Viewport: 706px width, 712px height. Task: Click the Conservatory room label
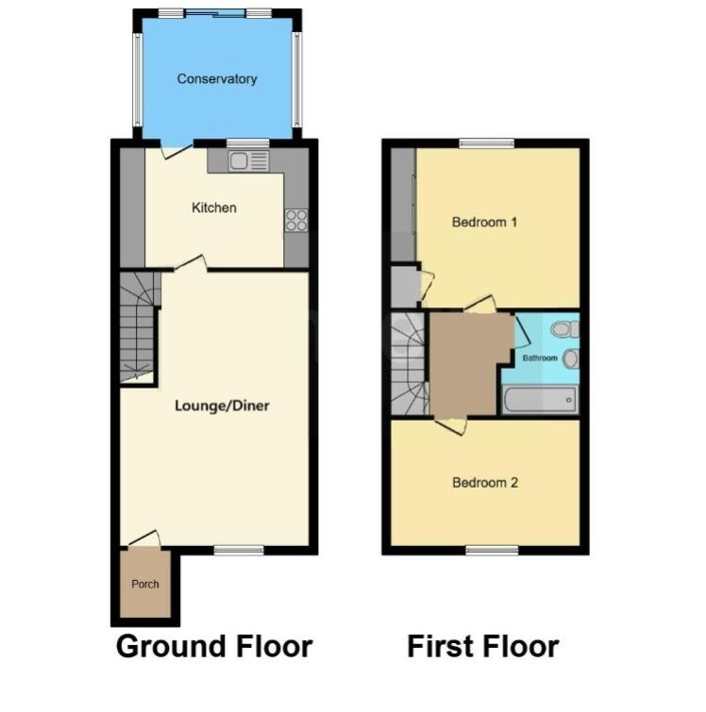coord(216,79)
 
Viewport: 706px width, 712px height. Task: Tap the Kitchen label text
coord(214,207)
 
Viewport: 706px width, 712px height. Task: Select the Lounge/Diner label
coord(222,406)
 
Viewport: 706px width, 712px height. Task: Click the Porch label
coord(145,585)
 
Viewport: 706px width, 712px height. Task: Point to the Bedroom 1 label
coord(484,224)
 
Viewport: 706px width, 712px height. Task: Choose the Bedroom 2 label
coord(485,483)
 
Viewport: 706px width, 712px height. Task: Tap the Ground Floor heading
coord(213,647)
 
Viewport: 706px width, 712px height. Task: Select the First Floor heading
coord(482,647)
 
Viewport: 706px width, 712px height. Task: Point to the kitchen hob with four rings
coord(296,220)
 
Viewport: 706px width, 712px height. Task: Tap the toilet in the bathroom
coord(564,329)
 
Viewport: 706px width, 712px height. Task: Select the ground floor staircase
coord(138,325)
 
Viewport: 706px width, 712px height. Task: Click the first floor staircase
coord(409,363)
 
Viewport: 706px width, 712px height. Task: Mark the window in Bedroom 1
coord(487,143)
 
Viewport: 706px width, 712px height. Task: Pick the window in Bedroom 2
coord(492,550)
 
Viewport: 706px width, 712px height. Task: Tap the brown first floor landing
coord(462,363)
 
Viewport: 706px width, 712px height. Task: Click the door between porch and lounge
coord(143,538)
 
